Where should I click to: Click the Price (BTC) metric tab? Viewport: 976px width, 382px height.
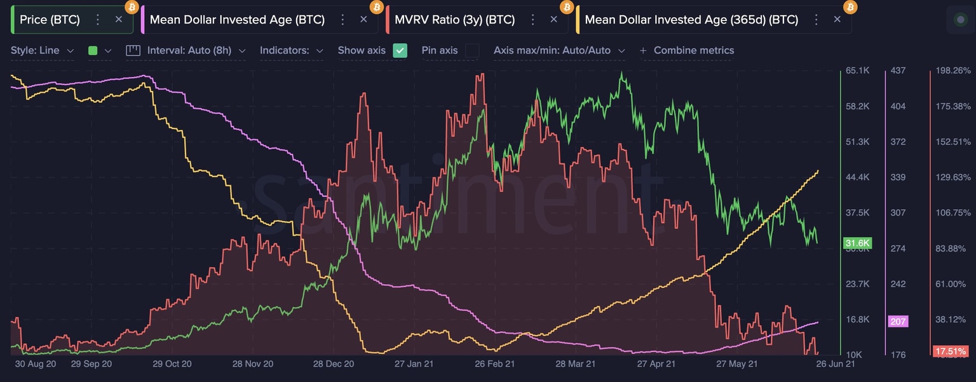50,20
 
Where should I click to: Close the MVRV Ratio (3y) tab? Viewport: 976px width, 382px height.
553,20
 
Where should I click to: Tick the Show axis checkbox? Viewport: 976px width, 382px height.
400,50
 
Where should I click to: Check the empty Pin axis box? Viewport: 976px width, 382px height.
471,50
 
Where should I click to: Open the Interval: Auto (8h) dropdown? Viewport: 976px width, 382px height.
186,50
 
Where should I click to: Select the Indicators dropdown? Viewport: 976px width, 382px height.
291,50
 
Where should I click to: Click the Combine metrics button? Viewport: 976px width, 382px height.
687,50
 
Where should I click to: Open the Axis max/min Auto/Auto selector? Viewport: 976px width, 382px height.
559,50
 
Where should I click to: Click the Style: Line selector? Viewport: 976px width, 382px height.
42,50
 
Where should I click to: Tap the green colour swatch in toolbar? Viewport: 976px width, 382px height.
93,50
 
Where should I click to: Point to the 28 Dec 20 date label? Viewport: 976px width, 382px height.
334,364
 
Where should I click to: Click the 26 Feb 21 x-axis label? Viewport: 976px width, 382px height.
496,364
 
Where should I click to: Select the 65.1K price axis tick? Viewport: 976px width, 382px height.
857,71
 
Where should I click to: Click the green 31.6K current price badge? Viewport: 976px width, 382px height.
857,243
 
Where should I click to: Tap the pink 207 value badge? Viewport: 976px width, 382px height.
898,322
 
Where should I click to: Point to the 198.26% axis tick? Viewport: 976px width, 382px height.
953,71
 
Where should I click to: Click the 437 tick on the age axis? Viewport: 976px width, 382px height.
898,71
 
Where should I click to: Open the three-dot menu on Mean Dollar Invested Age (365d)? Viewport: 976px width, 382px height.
815,20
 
